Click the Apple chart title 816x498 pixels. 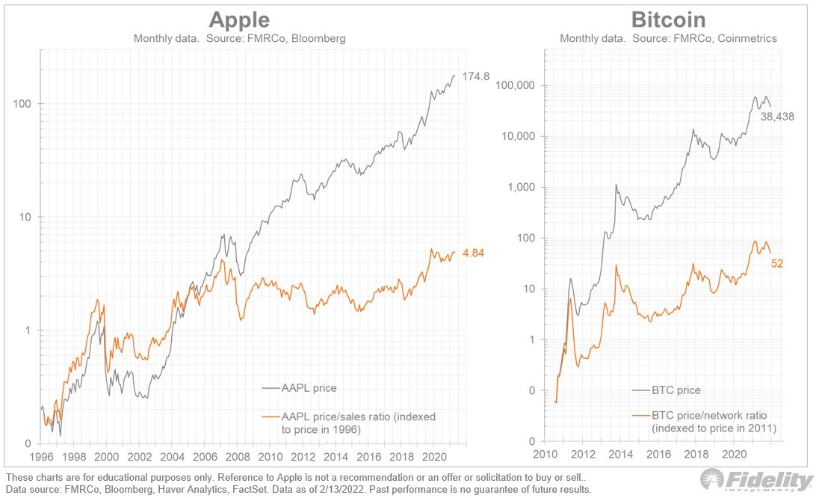tap(239, 19)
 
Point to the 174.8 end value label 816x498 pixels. tap(475, 76)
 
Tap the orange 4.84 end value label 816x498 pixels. tap(473, 253)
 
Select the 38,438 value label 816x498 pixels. tap(777, 117)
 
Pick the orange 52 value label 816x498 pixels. tap(777, 262)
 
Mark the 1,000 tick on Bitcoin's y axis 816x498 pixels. tap(521, 188)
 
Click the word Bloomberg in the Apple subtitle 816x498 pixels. tap(319, 38)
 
